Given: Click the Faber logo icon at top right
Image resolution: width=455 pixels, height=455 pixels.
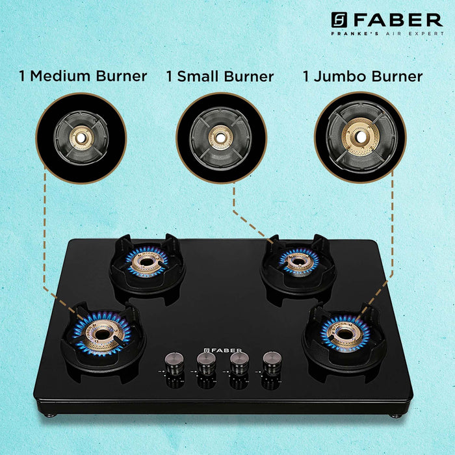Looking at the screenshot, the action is click(339, 20).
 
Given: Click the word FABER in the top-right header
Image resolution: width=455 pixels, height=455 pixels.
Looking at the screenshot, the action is click(398, 20).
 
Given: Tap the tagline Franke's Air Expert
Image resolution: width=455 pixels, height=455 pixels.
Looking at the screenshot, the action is click(387, 34).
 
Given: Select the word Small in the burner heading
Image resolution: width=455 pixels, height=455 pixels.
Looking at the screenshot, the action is click(198, 76).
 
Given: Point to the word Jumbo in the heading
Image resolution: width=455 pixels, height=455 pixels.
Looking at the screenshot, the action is click(339, 76).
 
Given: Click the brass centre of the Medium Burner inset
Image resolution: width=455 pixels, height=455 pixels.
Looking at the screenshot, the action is click(82, 138).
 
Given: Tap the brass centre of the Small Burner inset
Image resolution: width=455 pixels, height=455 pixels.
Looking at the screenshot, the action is click(220, 138).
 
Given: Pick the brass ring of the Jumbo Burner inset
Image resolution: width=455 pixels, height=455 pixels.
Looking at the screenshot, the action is click(360, 136).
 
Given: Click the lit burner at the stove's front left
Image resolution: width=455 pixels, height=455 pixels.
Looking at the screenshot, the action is click(102, 333).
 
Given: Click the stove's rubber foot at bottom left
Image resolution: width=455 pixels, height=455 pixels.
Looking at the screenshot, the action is click(51, 415).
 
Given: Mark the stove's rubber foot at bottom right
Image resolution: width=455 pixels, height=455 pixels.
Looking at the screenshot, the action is click(395, 416).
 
